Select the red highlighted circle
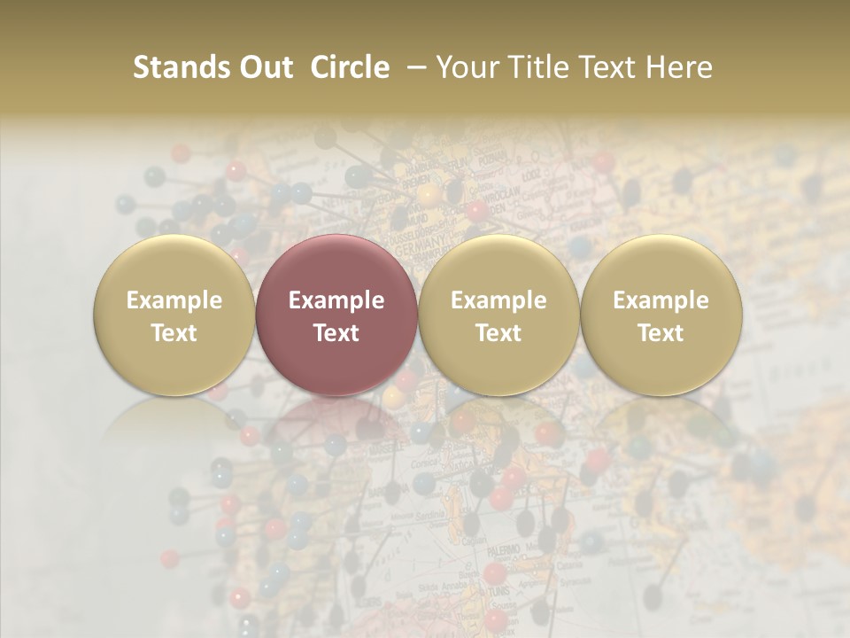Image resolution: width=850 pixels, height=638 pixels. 336,315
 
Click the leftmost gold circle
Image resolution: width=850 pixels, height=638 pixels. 174,315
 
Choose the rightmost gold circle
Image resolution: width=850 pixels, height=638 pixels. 661,315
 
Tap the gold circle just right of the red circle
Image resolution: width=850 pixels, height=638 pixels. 498,315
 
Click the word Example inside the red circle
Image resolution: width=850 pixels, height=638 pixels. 336,300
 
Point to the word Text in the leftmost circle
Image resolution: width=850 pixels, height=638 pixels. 174,333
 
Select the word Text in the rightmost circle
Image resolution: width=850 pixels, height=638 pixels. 661,333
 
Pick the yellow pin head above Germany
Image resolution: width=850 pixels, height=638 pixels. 429,192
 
